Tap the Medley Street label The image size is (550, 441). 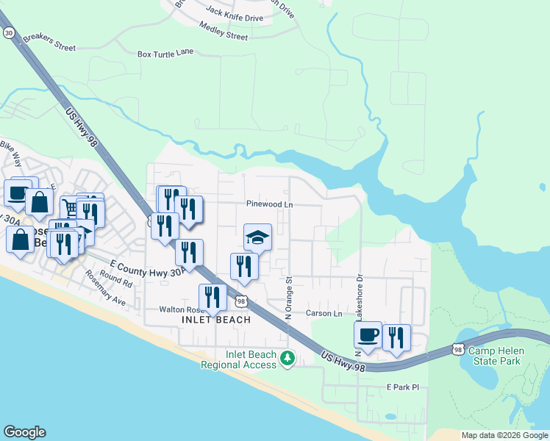[x=224, y=35]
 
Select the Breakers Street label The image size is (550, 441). [x=49, y=43]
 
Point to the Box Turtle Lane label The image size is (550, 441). [x=165, y=54]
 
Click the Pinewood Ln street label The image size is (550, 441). [x=269, y=204]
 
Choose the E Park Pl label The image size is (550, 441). [x=402, y=387]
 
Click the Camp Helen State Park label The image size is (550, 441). [x=495, y=356]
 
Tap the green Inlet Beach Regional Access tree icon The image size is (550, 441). [x=289, y=359]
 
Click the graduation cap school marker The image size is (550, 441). [x=257, y=237]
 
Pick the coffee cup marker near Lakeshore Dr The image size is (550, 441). [x=368, y=335]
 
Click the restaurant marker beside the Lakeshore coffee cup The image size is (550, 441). [x=396, y=338]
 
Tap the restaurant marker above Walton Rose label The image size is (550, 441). [x=213, y=297]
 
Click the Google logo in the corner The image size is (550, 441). [x=24, y=432]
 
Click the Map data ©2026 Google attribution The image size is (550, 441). [x=504, y=435]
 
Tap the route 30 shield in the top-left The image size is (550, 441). [x=8, y=33]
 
